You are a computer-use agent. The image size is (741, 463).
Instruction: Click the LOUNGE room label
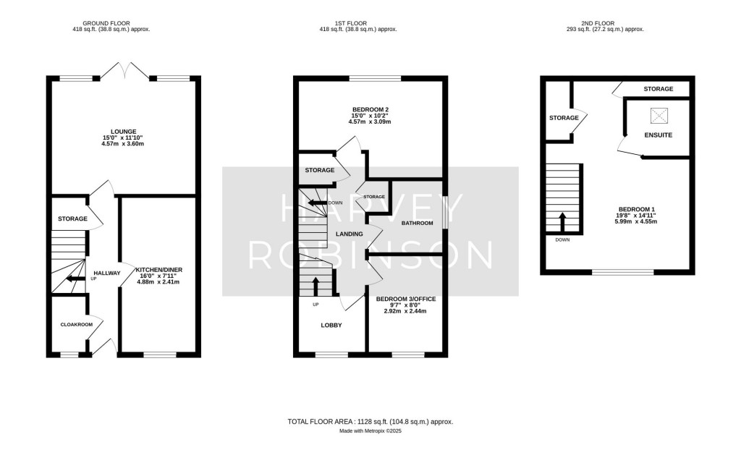click(x=124, y=132)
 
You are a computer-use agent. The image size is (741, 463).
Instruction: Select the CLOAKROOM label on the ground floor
click(x=76, y=325)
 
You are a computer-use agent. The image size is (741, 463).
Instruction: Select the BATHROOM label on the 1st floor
click(x=417, y=224)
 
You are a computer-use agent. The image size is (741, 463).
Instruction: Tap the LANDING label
click(x=349, y=233)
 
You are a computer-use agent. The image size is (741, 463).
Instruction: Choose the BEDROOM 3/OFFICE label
click(x=405, y=299)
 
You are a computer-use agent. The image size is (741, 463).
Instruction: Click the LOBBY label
click(x=331, y=326)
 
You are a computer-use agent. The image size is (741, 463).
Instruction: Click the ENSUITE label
click(x=658, y=135)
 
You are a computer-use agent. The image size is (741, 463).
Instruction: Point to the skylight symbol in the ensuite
click(x=659, y=114)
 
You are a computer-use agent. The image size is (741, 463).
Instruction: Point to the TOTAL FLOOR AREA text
click(x=370, y=421)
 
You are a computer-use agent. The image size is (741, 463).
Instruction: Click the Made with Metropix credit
click(x=370, y=431)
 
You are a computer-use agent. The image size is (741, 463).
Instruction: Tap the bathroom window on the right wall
click(x=444, y=214)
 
